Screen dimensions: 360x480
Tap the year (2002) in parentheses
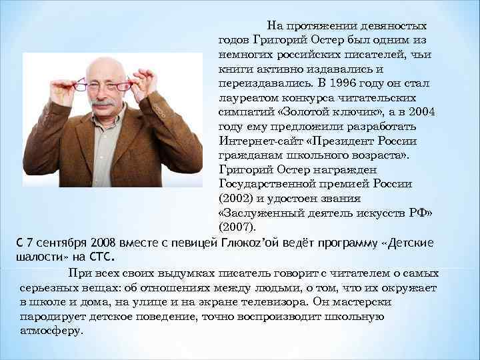pos(235,198)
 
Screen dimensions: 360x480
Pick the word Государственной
pos(266,184)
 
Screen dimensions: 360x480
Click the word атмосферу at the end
pos(51,330)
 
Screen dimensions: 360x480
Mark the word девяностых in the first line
pos(394,26)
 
